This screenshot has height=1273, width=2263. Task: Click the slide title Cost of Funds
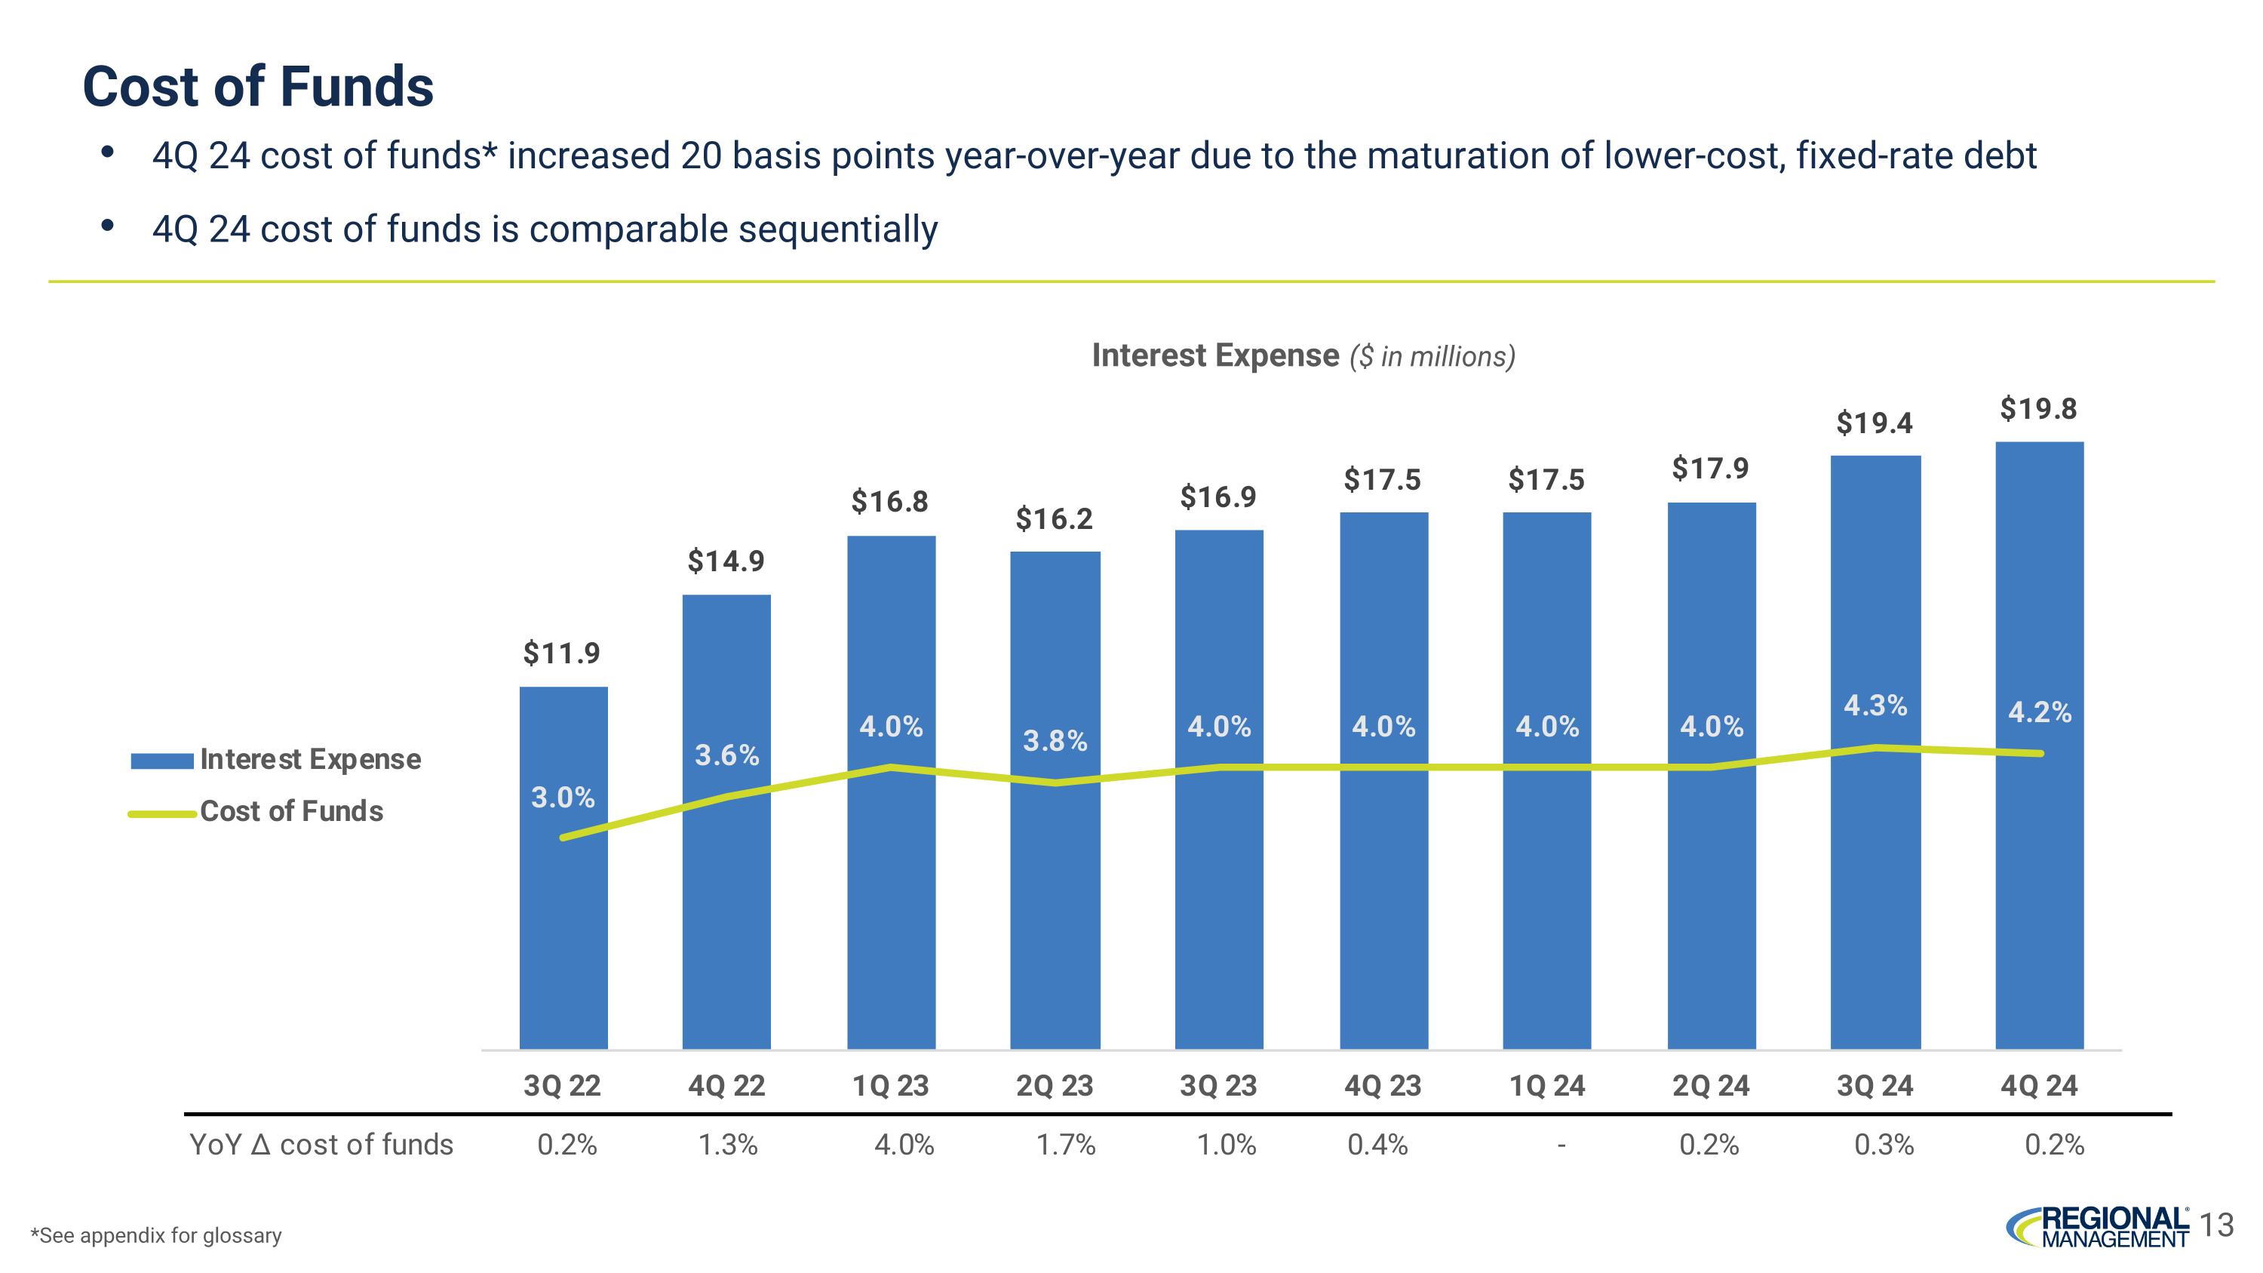257,86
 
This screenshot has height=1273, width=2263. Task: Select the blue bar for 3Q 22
563,922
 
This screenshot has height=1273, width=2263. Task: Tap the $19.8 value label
2038,408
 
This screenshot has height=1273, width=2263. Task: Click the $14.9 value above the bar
726,561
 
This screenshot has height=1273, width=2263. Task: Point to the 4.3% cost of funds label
1875,706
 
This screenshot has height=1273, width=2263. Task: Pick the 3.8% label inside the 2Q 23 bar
1055,742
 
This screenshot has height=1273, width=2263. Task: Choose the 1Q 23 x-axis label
890,1086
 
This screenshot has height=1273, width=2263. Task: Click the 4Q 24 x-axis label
2038,1086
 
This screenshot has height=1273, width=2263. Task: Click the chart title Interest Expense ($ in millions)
1303,356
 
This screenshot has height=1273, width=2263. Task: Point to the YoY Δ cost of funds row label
321,1145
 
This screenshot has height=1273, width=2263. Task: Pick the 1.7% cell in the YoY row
1066,1145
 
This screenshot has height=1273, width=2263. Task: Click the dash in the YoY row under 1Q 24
1560,1145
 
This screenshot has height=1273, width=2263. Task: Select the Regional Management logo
2097,1227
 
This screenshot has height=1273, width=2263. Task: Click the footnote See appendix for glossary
156,1235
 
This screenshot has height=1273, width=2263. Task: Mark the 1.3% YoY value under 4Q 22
727,1145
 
